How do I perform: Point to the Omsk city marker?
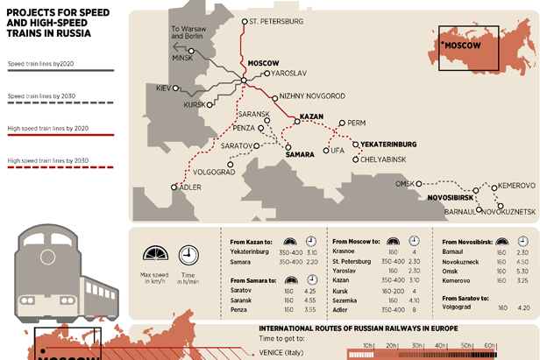point(419,183)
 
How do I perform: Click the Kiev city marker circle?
point(175,88)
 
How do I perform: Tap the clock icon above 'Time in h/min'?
point(188,255)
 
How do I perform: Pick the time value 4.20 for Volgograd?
point(523,307)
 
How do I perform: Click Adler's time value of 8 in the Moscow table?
point(412,309)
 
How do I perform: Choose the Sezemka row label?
point(345,300)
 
